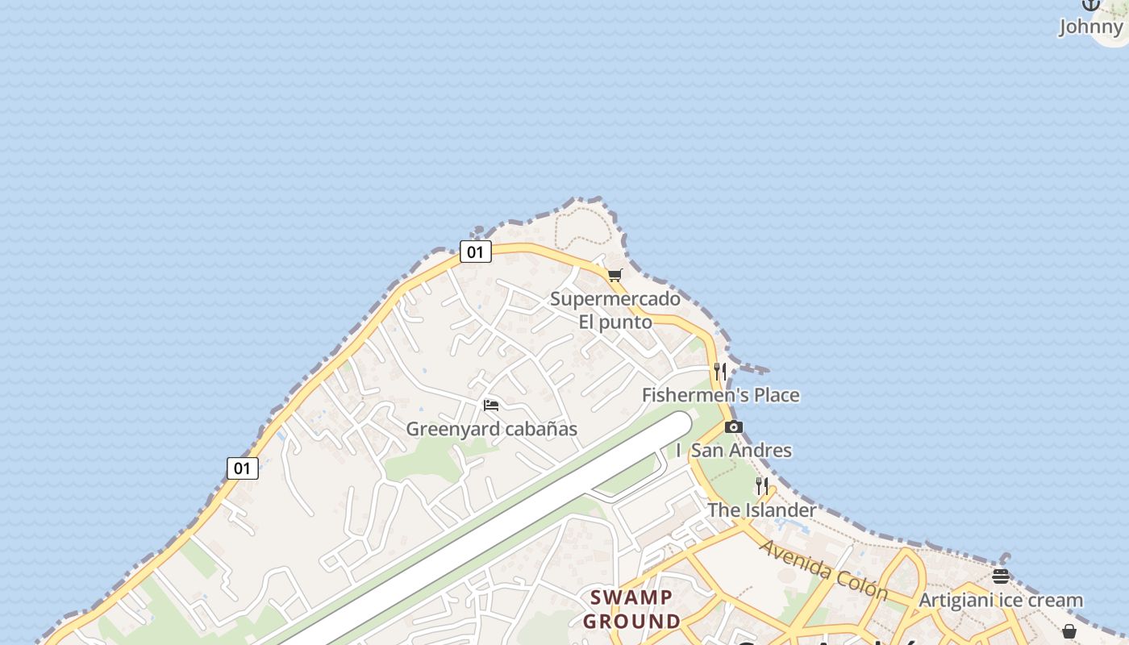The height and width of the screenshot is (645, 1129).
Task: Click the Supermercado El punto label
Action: click(614, 310)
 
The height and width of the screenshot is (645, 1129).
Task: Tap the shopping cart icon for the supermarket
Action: click(615, 275)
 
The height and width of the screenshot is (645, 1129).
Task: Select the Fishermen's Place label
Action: click(720, 395)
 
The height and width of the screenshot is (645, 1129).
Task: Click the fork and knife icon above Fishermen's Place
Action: click(720, 371)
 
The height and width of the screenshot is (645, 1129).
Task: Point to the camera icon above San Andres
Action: click(733, 427)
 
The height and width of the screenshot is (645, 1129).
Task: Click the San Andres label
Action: click(741, 451)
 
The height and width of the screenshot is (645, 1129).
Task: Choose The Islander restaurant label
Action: click(761, 510)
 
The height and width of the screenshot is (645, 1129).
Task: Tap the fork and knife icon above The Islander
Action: click(762, 486)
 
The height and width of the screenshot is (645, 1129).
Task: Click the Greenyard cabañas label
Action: click(491, 429)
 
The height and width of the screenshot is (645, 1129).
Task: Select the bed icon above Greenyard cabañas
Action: click(491, 405)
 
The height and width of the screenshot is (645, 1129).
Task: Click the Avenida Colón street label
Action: click(823, 570)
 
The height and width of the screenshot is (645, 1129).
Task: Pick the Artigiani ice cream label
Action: click(1000, 601)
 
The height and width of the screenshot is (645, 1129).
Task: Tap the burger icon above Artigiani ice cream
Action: click(1001, 576)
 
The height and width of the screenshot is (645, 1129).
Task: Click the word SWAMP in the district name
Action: click(631, 597)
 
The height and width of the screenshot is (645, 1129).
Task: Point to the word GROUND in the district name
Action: click(631, 622)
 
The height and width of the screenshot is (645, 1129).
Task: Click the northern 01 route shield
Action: click(476, 252)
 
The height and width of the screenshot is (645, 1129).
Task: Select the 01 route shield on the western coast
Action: click(242, 468)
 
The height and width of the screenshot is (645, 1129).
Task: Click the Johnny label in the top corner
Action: click(1090, 27)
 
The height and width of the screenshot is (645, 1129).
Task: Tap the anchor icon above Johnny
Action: click(1091, 4)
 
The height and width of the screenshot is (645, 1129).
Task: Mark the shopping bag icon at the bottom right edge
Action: click(1069, 631)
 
